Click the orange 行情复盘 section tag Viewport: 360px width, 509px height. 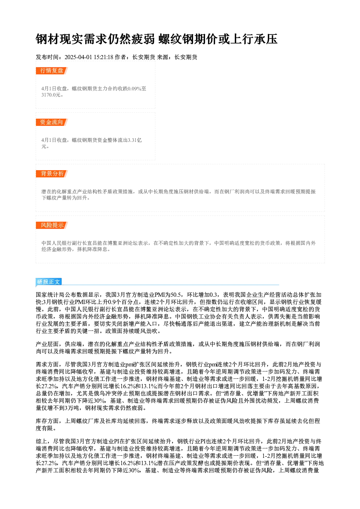pos(52,71)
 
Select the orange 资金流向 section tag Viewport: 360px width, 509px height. pos(52,122)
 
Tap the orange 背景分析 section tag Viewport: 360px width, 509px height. pos(52,174)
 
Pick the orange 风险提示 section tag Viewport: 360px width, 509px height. pos(52,225)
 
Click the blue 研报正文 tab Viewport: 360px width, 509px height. pos(49,282)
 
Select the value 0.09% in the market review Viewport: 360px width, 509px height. pos(134,89)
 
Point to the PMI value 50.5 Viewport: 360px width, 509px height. pos(175,295)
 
